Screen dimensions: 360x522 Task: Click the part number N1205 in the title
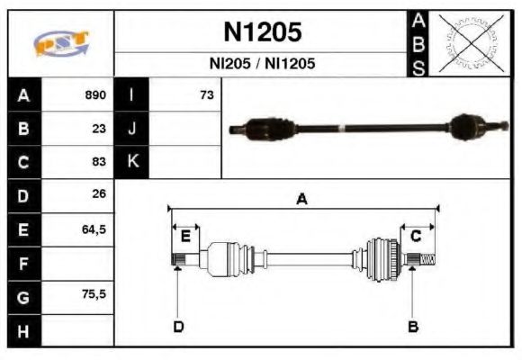[x=262, y=33]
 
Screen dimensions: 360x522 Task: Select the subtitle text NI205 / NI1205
[x=262, y=65]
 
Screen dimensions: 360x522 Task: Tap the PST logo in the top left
[x=61, y=43]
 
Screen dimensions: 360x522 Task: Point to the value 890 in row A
[x=95, y=94]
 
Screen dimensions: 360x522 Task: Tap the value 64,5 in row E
[x=94, y=229]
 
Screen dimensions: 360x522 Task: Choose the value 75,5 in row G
[x=94, y=294]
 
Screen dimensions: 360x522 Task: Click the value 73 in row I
[x=206, y=94]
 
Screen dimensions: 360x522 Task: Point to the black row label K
[x=131, y=162]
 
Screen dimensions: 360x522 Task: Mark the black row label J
[x=131, y=128]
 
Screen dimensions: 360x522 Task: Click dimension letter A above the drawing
[x=302, y=200]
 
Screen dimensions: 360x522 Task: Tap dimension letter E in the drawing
[x=185, y=237]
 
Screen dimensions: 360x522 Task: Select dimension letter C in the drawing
[x=416, y=237]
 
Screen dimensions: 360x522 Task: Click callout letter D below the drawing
[x=178, y=326]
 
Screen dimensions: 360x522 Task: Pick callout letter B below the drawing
[x=413, y=326]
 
